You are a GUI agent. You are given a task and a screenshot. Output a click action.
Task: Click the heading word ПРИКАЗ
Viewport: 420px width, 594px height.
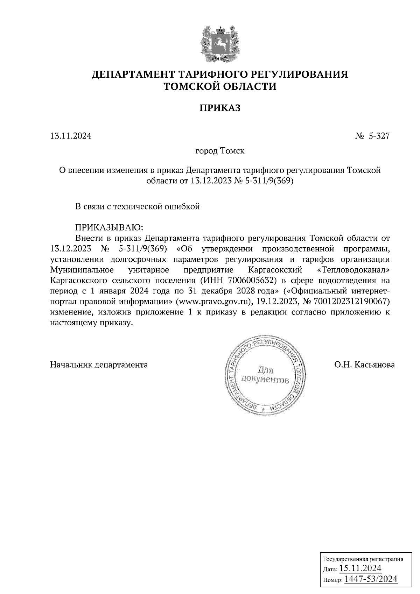220,108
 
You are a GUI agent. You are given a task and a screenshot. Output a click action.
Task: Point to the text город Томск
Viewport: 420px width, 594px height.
219,151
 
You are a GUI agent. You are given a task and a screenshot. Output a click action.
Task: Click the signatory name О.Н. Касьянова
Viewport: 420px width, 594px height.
364,365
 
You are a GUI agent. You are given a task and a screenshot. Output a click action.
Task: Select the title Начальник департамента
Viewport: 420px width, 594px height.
99,365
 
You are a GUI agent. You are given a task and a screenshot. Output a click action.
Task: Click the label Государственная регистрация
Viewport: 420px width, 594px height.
363,559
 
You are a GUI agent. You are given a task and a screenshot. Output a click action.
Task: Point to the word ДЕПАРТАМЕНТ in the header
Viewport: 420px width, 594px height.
133,75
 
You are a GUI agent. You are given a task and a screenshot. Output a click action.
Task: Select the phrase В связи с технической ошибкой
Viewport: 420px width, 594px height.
138,206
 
